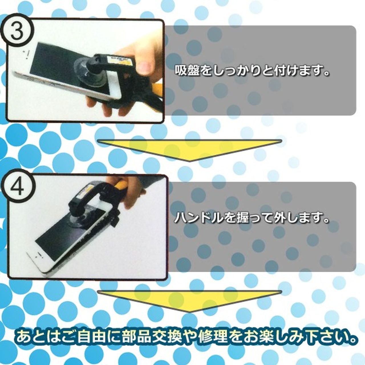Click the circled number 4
(x=18, y=188)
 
